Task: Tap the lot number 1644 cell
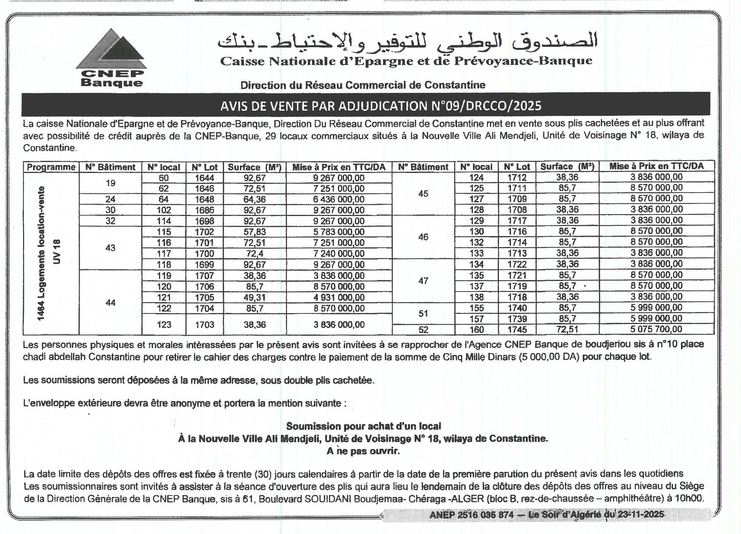pyautogui.click(x=204, y=178)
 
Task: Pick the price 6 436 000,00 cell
pyautogui.click(x=339, y=199)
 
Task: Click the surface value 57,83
pyautogui.click(x=255, y=232)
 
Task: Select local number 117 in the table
pyautogui.click(x=164, y=254)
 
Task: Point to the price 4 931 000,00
pyautogui.click(x=339, y=298)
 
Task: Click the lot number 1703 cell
pyautogui.click(x=204, y=324)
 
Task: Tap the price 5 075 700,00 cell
pyautogui.click(x=656, y=329)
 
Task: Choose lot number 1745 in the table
pyautogui.click(x=517, y=330)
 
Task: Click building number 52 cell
pyautogui.click(x=423, y=330)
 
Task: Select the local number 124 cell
pyautogui.click(x=476, y=177)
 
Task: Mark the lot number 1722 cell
pyautogui.click(x=517, y=264)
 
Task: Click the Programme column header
pyautogui.click(x=51, y=167)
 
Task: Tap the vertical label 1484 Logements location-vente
pyautogui.click(x=42, y=253)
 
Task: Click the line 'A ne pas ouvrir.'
pyautogui.click(x=363, y=451)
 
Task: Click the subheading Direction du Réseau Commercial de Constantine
pyautogui.click(x=363, y=85)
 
